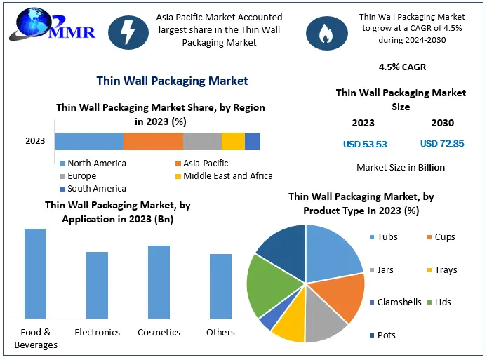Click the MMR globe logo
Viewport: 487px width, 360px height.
32,26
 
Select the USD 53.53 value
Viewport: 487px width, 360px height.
365,144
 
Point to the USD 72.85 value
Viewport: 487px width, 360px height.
442,144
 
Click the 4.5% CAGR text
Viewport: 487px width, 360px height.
401,67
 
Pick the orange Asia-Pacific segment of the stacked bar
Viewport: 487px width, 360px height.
153,140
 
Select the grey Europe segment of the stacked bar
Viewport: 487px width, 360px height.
202,140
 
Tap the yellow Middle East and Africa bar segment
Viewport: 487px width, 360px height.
233,140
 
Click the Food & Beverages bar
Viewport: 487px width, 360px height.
35,274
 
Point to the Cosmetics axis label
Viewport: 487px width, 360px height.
159,332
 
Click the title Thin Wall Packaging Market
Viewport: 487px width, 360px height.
172,81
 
